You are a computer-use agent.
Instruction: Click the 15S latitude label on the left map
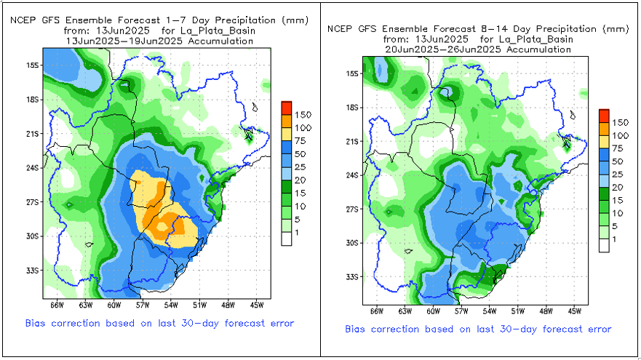(x=32, y=65)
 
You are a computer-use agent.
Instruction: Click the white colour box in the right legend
(x=604, y=246)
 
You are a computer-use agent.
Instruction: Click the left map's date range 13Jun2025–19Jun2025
(x=159, y=41)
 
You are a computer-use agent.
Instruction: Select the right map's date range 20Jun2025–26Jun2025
(x=477, y=49)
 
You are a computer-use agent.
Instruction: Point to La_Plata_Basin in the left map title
(x=215, y=31)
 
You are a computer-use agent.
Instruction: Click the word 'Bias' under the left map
(x=38, y=322)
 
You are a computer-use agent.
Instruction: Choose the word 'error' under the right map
(x=597, y=329)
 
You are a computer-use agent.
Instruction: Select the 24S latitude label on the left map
(x=32, y=168)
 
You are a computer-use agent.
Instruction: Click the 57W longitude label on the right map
(x=461, y=311)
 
